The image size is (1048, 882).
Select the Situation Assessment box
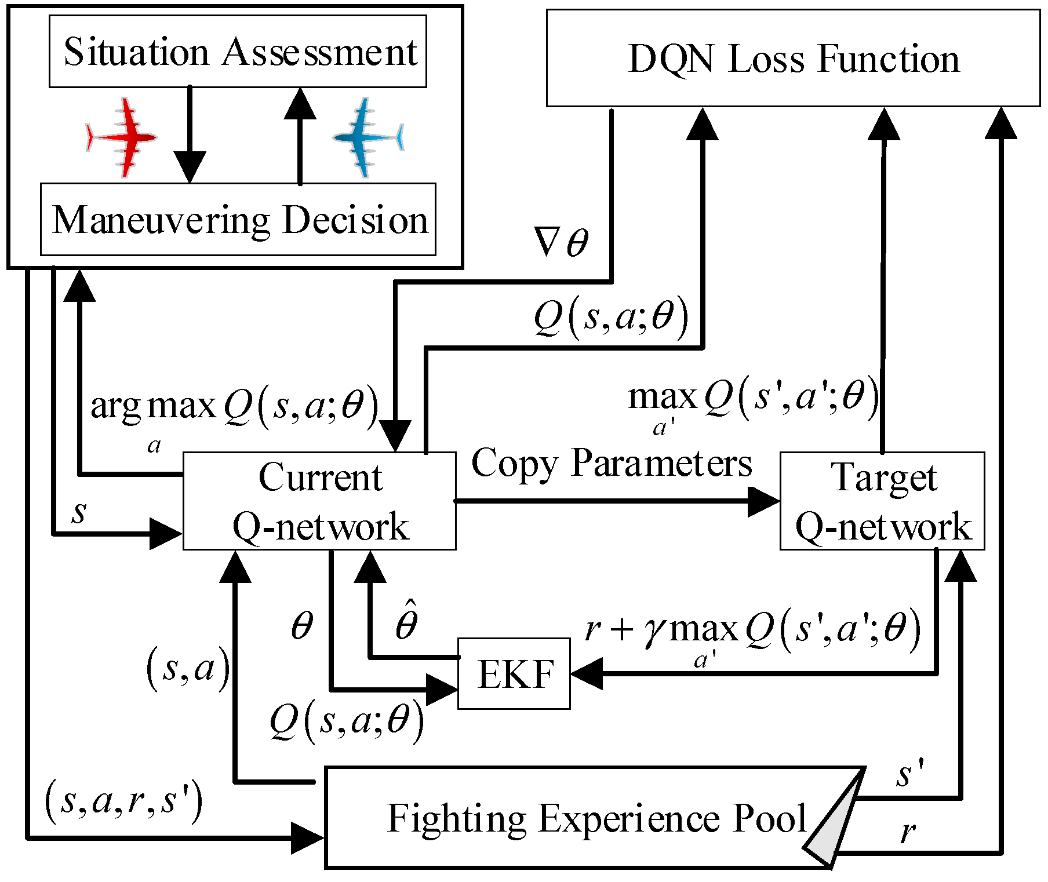tap(238, 52)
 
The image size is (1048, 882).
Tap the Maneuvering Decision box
tap(238, 220)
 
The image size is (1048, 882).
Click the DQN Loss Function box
tap(793, 58)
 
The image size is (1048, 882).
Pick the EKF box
tap(514, 674)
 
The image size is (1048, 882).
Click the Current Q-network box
tap(319, 501)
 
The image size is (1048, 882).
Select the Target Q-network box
tap(882, 501)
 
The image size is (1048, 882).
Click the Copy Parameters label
tap(612, 464)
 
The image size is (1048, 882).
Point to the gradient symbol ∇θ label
tap(561, 242)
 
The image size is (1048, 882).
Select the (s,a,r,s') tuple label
tap(124, 801)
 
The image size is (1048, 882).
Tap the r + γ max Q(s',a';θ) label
tap(752, 629)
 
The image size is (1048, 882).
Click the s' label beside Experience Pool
tap(909, 775)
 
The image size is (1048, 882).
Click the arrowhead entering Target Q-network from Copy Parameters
tap(764, 501)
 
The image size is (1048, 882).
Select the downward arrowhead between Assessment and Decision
tap(190, 167)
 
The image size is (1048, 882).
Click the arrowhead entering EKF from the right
tap(585, 674)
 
